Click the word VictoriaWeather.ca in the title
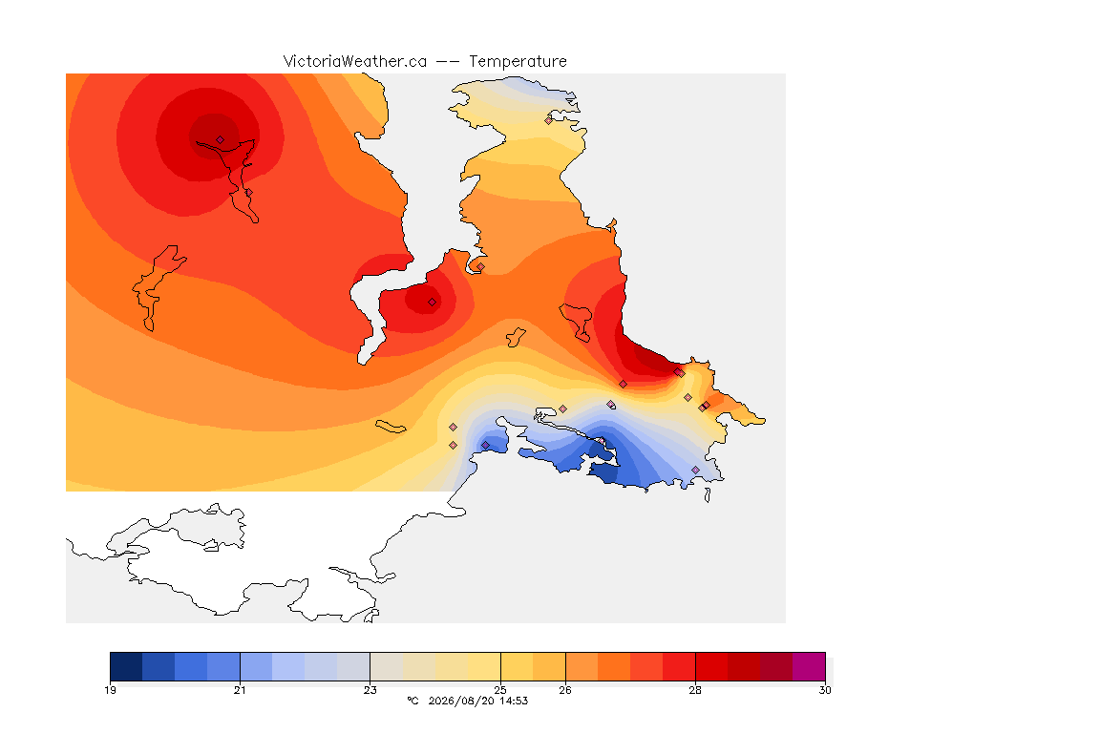tap(355, 62)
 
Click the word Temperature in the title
tap(518, 62)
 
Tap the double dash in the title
tap(448, 62)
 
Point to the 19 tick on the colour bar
tap(110, 690)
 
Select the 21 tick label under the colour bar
tap(240, 690)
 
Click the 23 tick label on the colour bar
tap(370, 690)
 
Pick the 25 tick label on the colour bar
tap(500, 690)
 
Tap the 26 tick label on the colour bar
tap(565, 690)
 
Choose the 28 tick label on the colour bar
tap(695, 690)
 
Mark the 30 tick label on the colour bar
tap(825, 690)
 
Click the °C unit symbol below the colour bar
tap(412, 701)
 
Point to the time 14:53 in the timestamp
tap(514, 701)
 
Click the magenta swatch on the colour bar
tap(809, 666)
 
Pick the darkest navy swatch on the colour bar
tap(126, 666)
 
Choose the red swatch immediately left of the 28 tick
tap(679, 666)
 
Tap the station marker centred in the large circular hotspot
tap(221, 140)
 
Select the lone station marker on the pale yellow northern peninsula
tap(549, 120)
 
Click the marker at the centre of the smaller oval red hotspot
tap(433, 303)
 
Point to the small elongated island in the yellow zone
tap(391, 427)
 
